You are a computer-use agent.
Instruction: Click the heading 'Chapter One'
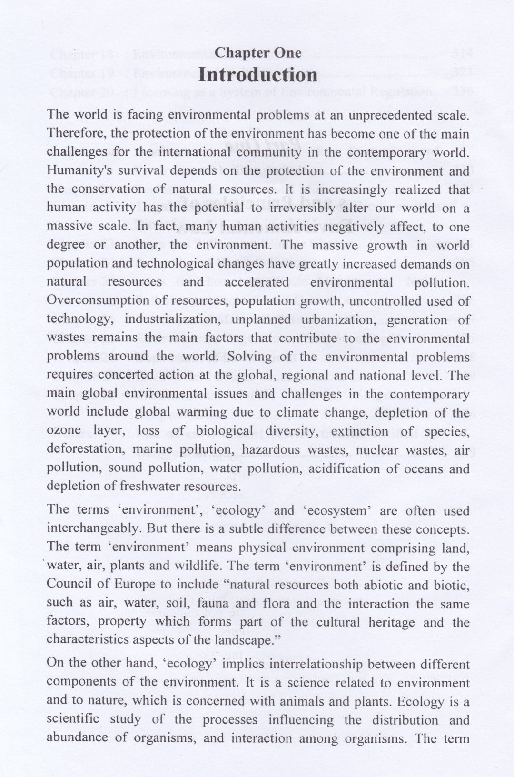(x=258, y=52)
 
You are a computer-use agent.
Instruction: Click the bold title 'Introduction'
(x=258, y=75)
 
